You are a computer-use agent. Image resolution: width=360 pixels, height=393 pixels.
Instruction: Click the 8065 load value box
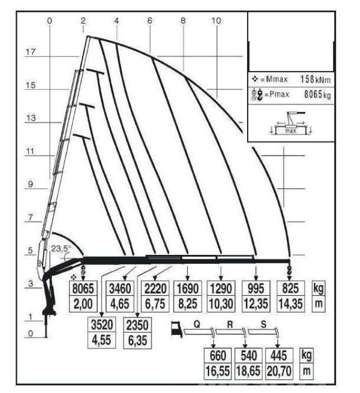[x=83, y=290]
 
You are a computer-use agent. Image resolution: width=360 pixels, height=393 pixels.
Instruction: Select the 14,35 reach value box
[x=289, y=303]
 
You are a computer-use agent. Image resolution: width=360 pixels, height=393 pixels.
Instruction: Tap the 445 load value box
[x=277, y=356]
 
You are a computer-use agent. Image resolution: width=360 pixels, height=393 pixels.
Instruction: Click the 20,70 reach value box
[x=277, y=370]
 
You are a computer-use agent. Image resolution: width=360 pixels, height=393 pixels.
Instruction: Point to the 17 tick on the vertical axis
[x=31, y=53]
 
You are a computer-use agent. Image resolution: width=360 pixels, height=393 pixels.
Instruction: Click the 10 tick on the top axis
[x=216, y=20]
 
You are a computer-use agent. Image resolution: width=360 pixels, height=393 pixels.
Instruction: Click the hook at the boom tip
[x=289, y=271]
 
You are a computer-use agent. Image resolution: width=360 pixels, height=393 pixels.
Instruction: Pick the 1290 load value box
[x=221, y=290]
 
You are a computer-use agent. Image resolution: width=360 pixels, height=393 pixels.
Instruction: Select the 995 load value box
[x=255, y=290]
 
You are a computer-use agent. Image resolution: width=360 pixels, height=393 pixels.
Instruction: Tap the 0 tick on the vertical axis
[x=31, y=334]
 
